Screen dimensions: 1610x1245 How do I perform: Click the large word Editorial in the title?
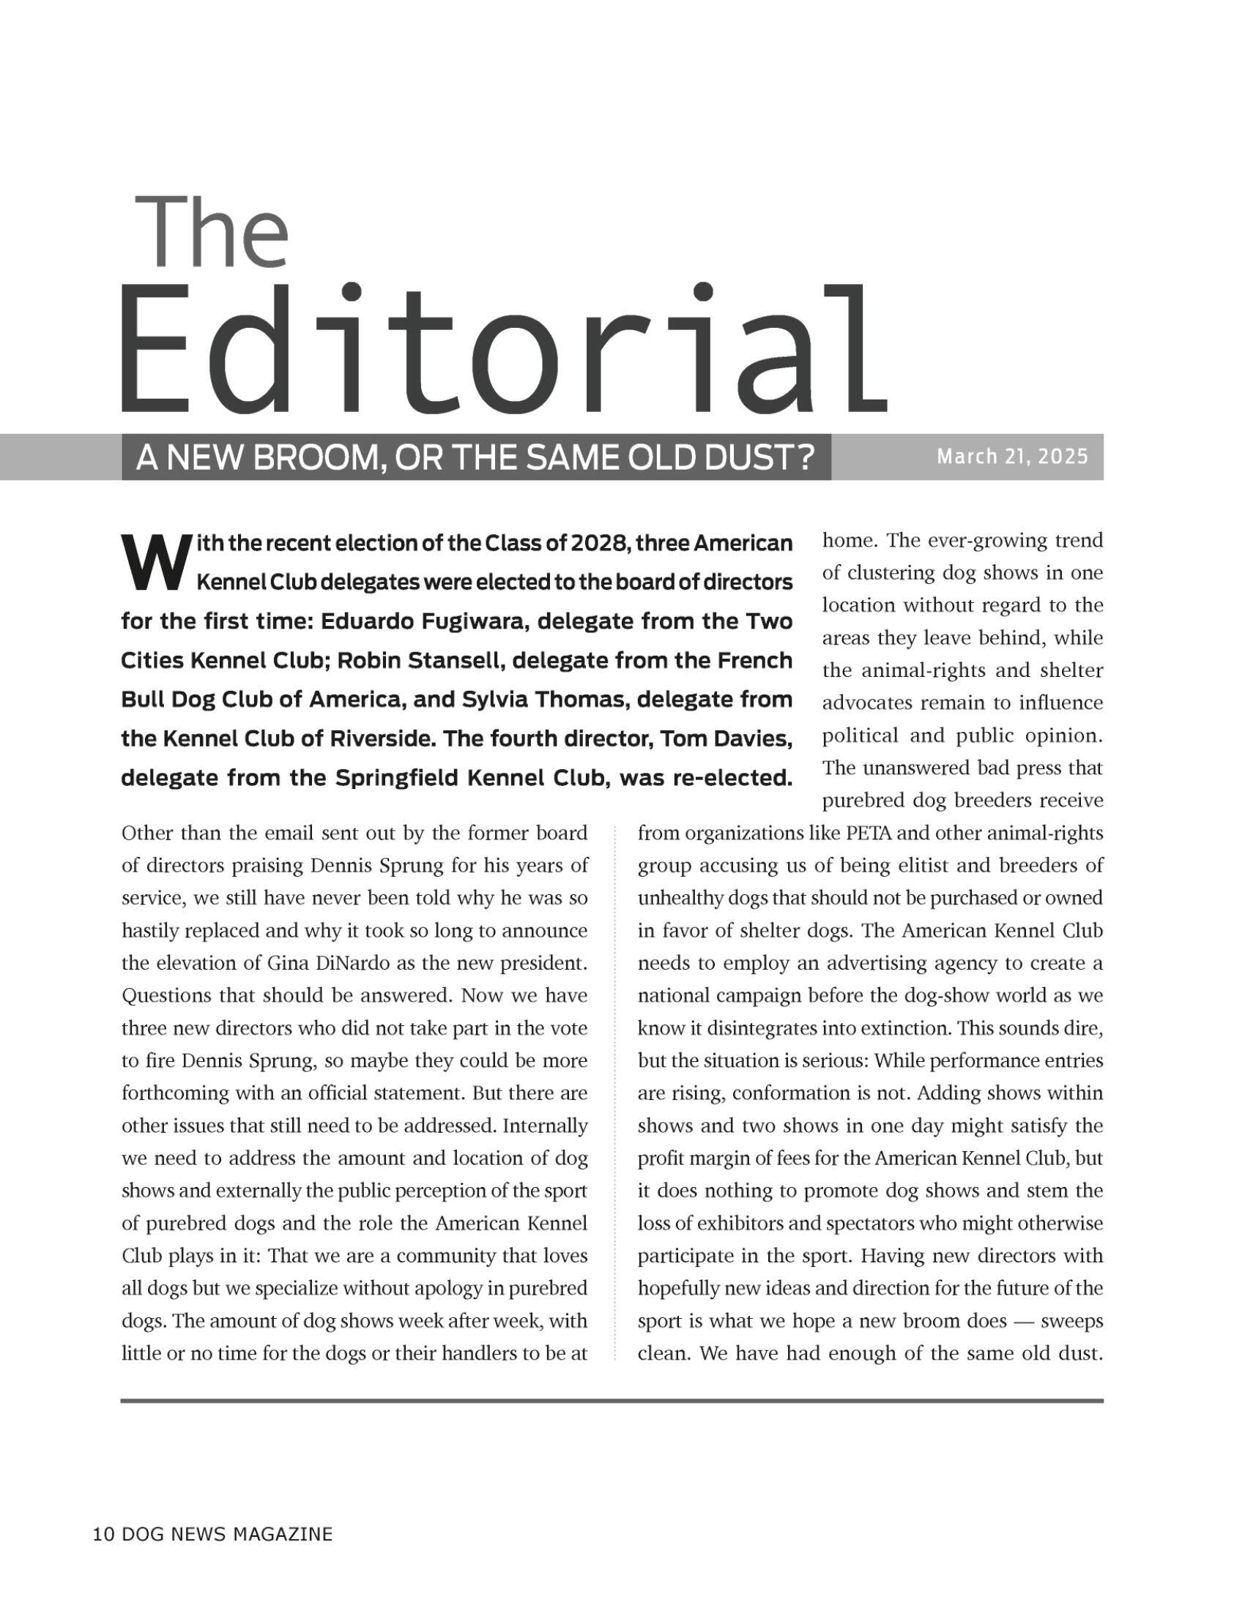504,350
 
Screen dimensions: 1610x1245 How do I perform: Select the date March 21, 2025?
1012,457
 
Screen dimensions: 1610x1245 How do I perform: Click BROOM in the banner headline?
305,459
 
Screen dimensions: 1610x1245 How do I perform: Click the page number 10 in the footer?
103,1535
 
